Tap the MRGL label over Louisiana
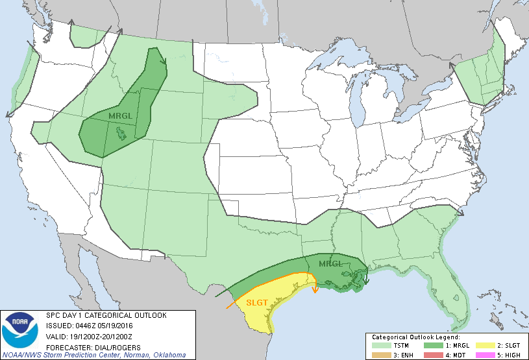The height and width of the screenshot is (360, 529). (330, 263)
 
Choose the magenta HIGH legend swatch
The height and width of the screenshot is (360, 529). (483, 355)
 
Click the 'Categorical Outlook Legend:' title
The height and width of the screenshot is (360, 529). (415, 337)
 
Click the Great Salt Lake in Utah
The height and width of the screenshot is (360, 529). (121, 133)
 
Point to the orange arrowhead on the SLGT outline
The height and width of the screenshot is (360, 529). (315, 290)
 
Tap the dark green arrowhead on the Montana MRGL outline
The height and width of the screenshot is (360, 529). (165, 62)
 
